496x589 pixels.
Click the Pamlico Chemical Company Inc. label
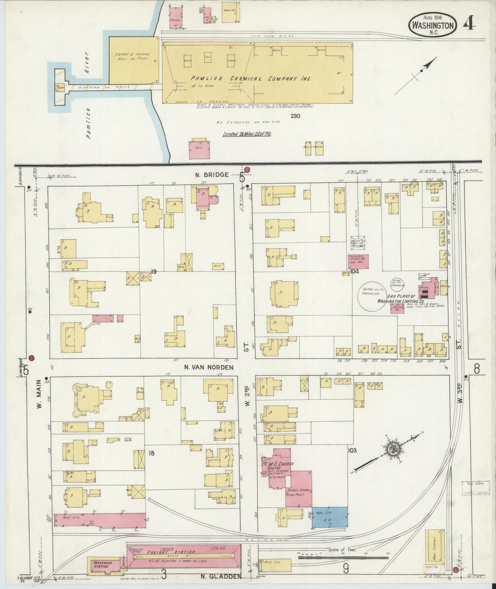click(251, 79)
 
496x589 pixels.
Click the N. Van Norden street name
click(208, 367)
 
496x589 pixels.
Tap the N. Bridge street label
click(212, 175)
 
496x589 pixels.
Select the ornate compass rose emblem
click(391, 449)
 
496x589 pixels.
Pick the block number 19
click(153, 272)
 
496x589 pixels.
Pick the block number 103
click(352, 450)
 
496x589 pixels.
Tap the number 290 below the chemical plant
click(295, 116)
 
